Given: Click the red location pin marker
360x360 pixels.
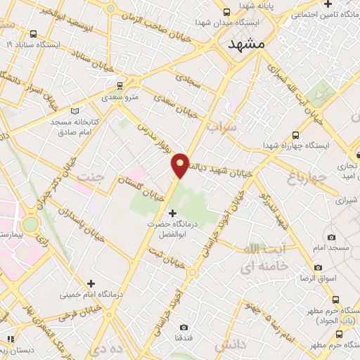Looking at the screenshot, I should pyautogui.click(x=180, y=165).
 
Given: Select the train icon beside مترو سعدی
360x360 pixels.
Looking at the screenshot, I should pyautogui.click(x=120, y=85).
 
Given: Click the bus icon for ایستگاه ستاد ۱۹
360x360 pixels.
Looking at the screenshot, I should pyautogui.click(x=34, y=34).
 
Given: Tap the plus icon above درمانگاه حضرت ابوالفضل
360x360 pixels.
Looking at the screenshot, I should pyautogui.click(x=173, y=212).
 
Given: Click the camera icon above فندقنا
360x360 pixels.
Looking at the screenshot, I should pyautogui.click(x=184, y=327).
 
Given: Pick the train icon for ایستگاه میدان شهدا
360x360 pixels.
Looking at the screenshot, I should pyautogui.click(x=226, y=12).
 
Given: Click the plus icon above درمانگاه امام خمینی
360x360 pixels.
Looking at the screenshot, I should pyautogui.click(x=89, y=283).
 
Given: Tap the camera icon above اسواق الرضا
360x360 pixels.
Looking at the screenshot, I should pyautogui.click(x=319, y=268).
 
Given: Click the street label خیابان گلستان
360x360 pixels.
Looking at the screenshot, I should pyautogui.click(x=141, y=184).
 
